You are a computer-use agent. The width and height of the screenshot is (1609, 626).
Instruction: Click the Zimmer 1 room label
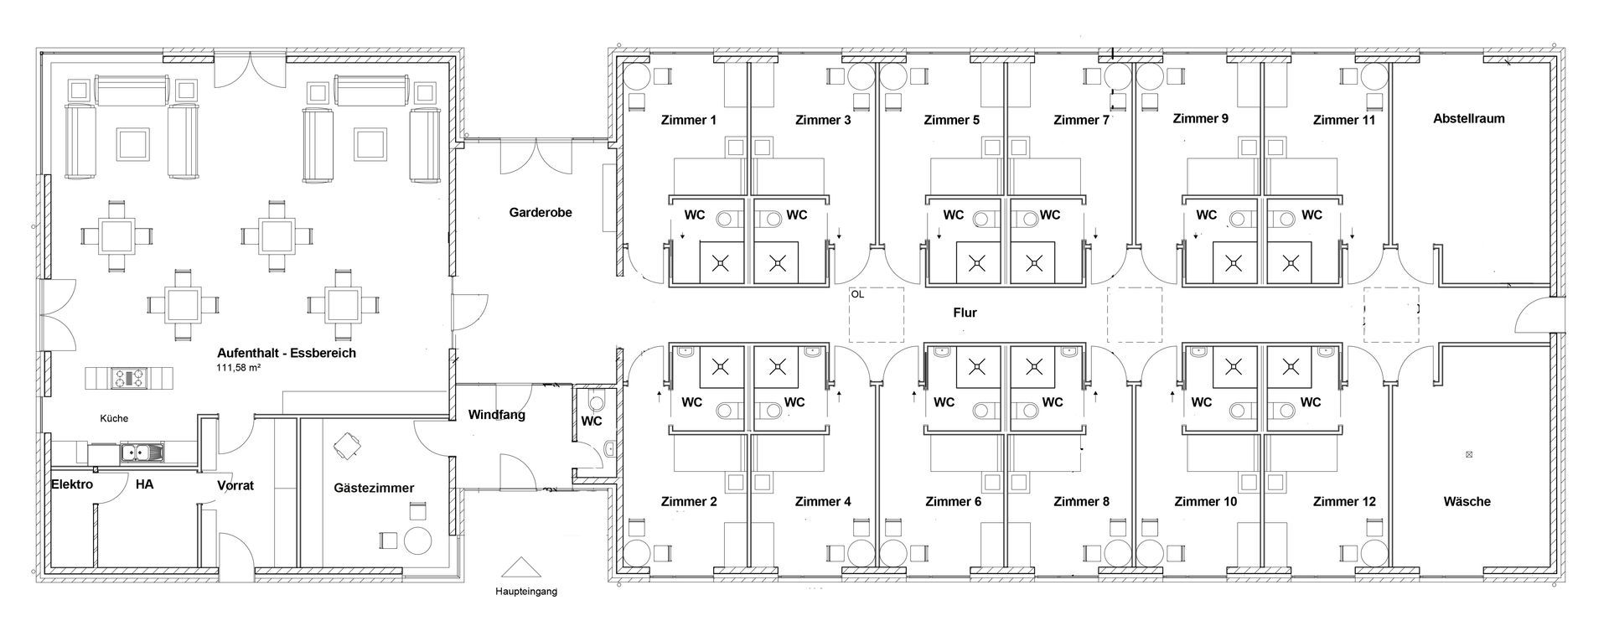click(x=689, y=120)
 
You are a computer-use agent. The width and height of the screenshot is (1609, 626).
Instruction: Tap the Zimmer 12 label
click(x=1344, y=502)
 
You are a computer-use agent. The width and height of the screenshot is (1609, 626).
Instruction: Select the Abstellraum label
click(x=1469, y=118)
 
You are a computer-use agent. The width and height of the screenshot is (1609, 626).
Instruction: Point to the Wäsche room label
click(x=1467, y=501)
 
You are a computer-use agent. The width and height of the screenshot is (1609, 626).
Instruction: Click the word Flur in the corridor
click(x=965, y=313)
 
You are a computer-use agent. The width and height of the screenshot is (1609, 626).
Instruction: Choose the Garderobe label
click(x=541, y=213)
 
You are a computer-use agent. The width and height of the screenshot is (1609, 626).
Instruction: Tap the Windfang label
click(x=497, y=415)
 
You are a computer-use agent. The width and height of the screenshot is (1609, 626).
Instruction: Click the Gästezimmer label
click(x=374, y=488)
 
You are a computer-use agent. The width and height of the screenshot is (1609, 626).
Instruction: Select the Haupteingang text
click(x=525, y=592)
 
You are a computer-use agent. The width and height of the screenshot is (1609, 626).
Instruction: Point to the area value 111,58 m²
click(x=239, y=368)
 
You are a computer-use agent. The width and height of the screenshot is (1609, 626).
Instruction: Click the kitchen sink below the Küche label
click(x=142, y=453)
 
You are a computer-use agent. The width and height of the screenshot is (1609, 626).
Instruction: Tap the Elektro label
click(x=72, y=484)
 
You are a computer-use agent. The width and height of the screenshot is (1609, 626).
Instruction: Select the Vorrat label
click(x=235, y=485)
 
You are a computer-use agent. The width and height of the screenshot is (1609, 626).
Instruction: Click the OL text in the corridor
click(x=856, y=295)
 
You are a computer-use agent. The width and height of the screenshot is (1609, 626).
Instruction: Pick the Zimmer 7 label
click(x=1081, y=120)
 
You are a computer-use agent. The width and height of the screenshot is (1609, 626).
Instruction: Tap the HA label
click(x=144, y=484)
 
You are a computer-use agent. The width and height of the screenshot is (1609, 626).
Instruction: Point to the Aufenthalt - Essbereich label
click(x=287, y=353)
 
